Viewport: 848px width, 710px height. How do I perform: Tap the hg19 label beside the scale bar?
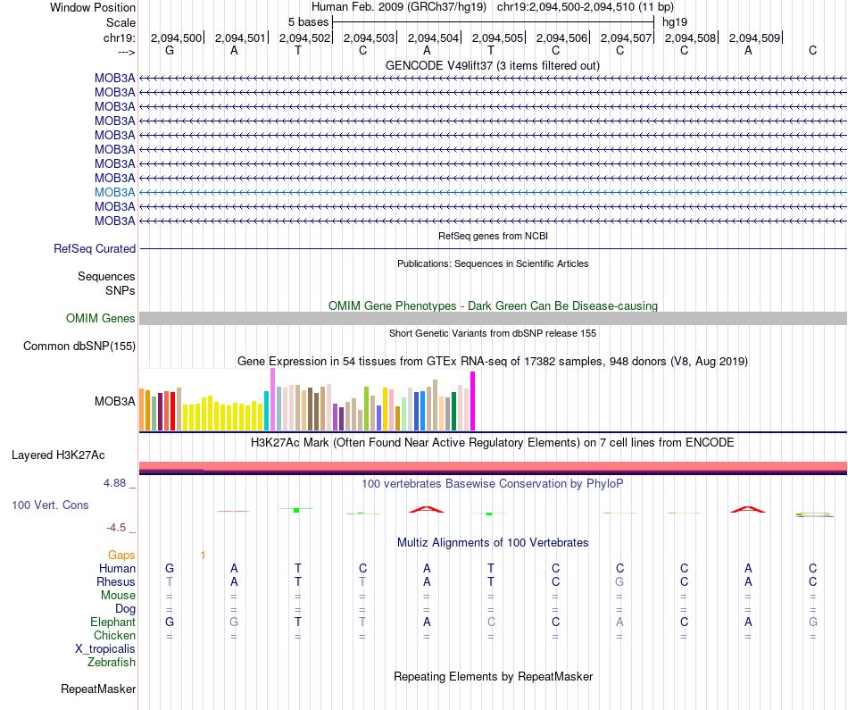pyautogui.click(x=675, y=21)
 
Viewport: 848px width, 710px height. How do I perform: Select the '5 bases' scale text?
pyautogui.click(x=308, y=21)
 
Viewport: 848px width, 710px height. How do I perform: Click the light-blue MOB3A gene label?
pyautogui.click(x=114, y=192)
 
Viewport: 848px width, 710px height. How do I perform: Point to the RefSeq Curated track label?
pyautogui.click(x=95, y=249)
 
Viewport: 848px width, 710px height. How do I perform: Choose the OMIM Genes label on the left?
pyautogui.click(x=100, y=318)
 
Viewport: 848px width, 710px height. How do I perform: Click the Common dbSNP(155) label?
pyautogui.click(x=79, y=346)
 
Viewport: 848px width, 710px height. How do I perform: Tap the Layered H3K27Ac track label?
pyautogui.click(x=58, y=455)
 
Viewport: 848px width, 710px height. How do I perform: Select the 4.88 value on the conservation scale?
pyautogui.click(x=116, y=483)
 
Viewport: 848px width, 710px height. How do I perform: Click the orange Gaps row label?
pyautogui.click(x=121, y=555)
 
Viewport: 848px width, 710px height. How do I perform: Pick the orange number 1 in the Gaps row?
pyautogui.click(x=203, y=555)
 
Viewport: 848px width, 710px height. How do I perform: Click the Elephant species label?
pyautogui.click(x=112, y=622)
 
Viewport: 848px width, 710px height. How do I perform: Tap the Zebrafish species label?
pyautogui.click(x=112, y=662)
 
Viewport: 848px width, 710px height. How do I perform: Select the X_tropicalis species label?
pyautogui.click(x=104, y=648)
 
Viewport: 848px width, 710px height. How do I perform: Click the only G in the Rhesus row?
pyautogui.click(x=619, y=581)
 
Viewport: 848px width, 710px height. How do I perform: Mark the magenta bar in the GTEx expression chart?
pyautogui.click(x=472, y=401)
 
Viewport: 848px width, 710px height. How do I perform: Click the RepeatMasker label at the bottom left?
pyautogui.click(x=98, y=689)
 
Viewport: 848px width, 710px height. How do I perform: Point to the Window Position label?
pyautogui.click(x=93, y=7)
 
